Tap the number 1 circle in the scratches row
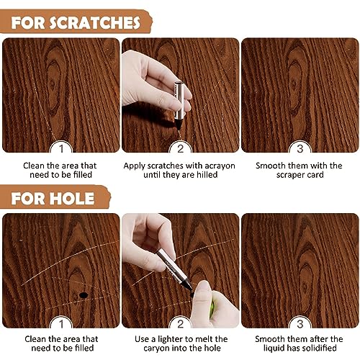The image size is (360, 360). [x=60, y=148]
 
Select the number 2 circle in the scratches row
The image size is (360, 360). [x=180, y=148]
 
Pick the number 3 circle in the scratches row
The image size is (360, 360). [x=300, y=148]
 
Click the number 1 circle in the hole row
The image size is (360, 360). [x=60, y=324]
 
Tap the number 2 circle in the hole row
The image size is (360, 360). [x=180, y=324]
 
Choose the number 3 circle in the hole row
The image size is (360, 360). [x=300, y=324]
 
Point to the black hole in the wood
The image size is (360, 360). [x=84, y=295]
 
